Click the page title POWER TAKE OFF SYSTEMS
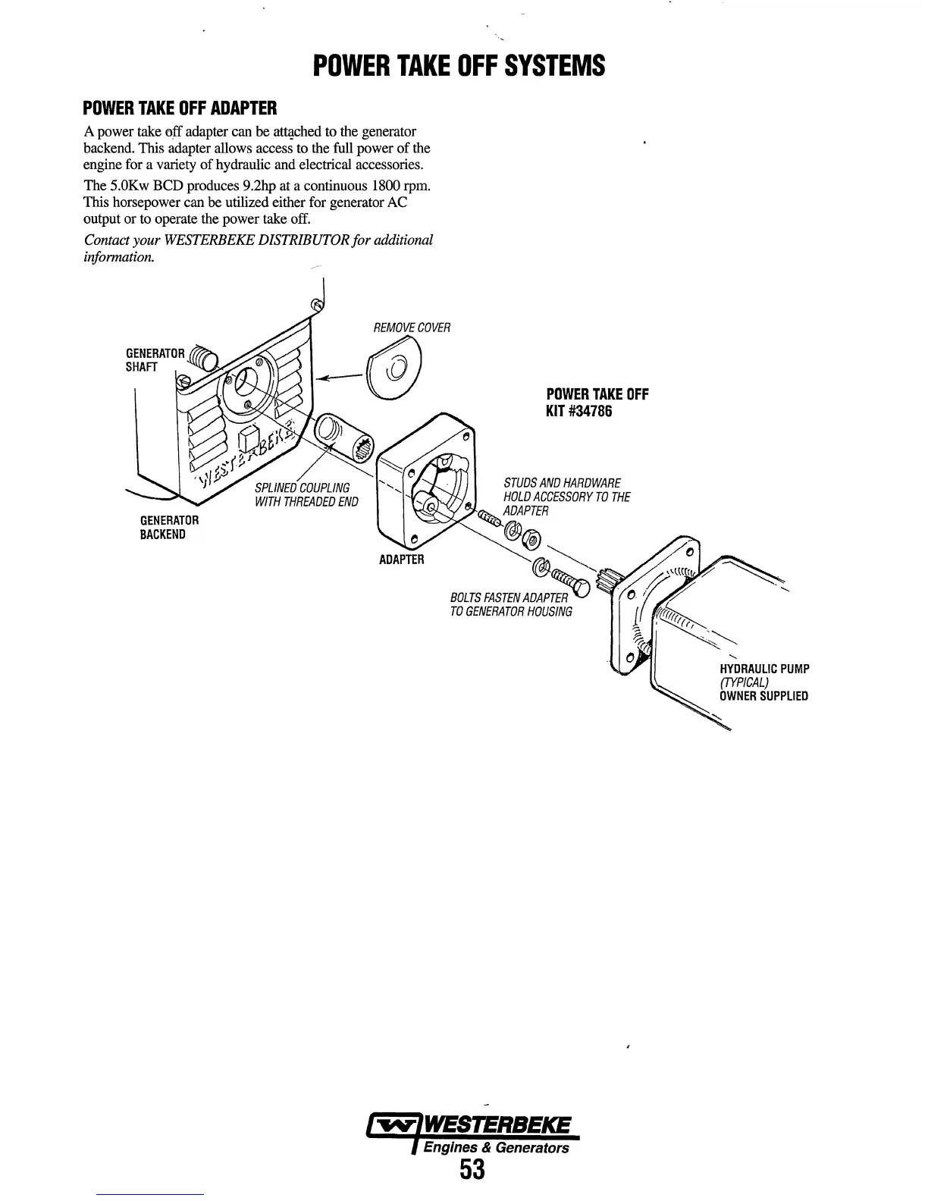(x=459, y=66)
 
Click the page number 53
(x=471, y=1170)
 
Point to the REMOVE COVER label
(x=412, y=328)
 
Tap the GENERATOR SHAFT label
(x=154, y=359)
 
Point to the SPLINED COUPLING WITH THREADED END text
(x=306, y=494)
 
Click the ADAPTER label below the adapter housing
(x=401, y=560)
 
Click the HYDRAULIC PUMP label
(x=764, y=669)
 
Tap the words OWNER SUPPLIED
(x=763, y=696)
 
